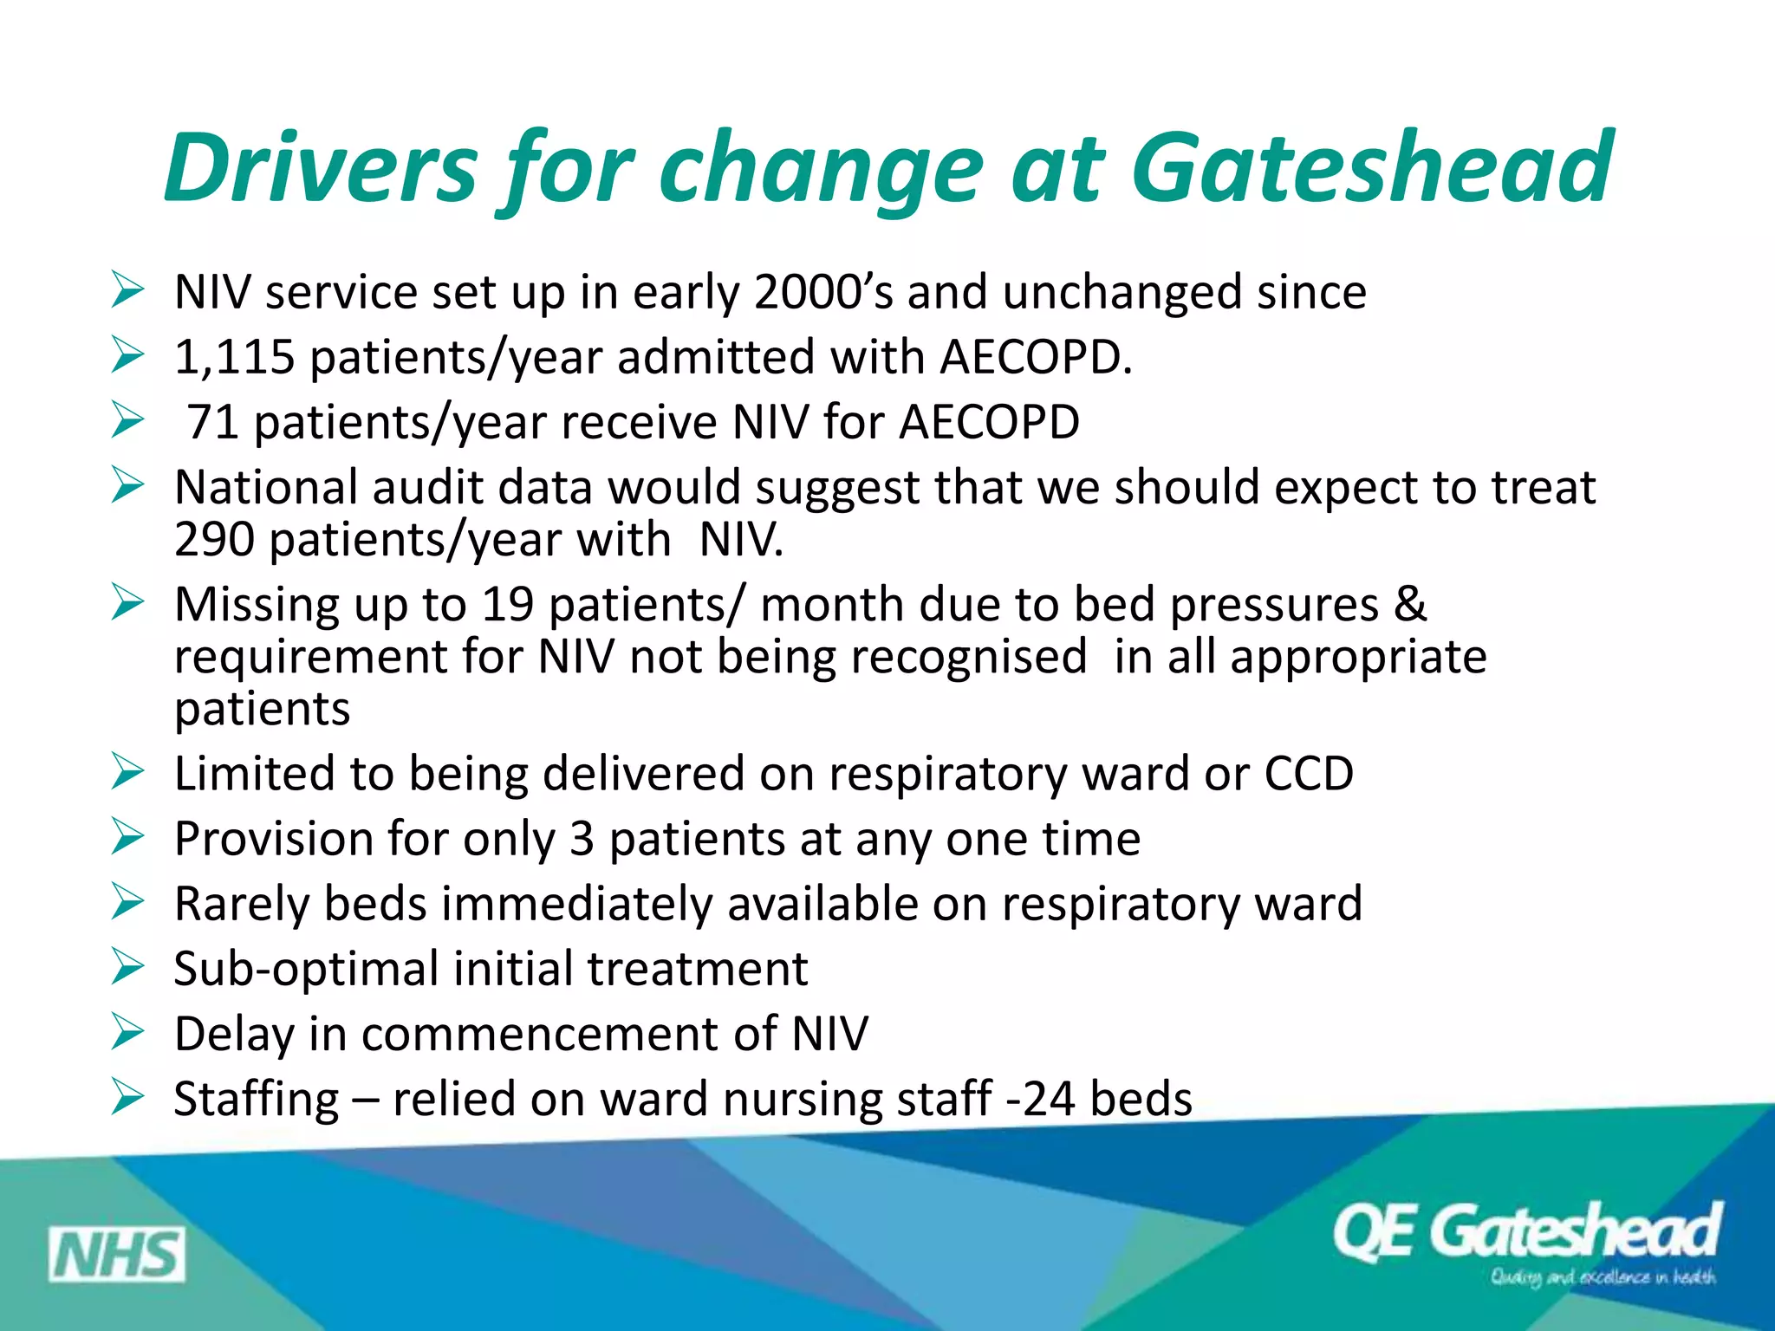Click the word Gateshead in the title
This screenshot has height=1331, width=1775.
click(x=1371, y=166)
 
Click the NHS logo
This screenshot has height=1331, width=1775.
click(x=116, y=1254)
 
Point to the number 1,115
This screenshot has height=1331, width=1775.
click(x=234, y=357)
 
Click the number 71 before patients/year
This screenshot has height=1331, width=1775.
click(x=213, y=422)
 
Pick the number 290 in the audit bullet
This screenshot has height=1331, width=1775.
click(x=213, y=540)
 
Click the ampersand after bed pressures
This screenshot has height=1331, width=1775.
click(x=1410, y=604)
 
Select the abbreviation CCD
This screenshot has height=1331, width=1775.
click(x=1308, y=773)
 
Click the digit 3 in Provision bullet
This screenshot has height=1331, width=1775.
click(x=582, y=839)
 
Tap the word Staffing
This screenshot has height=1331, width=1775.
click(x=257, y=1099)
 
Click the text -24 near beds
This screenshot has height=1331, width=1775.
click(x=1040, y=1099)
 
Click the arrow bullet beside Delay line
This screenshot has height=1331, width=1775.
click(x=127, y=1032)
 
